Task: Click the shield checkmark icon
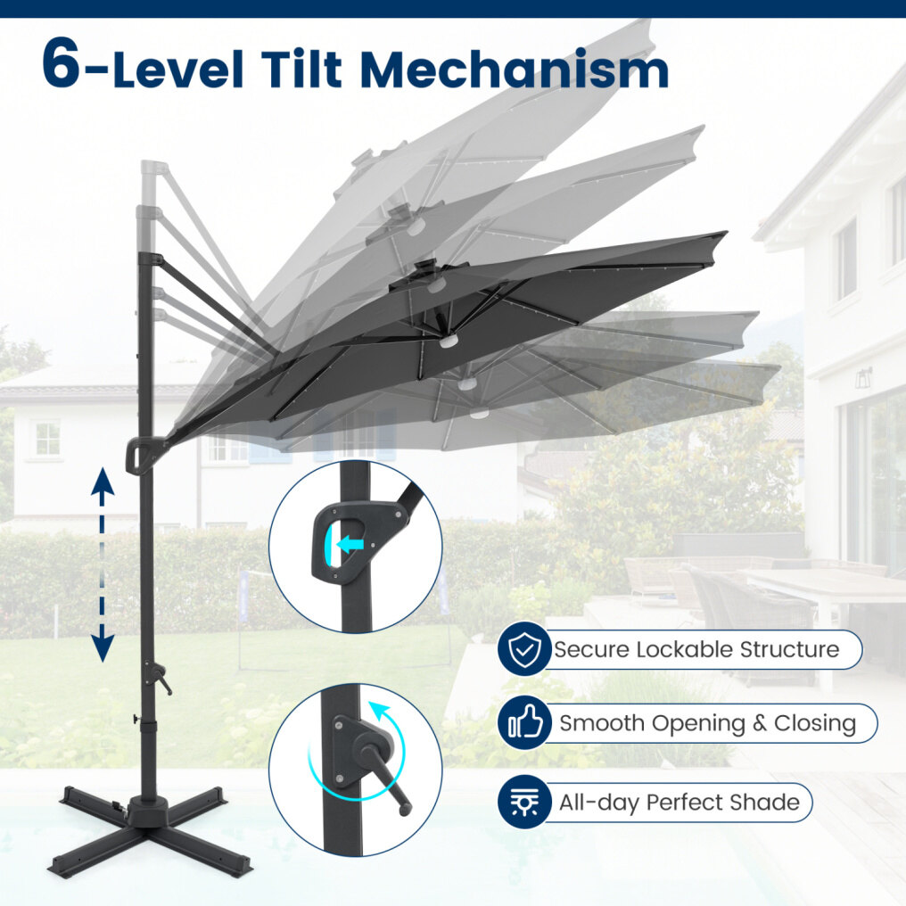[524, 649]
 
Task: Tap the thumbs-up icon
[524, 723]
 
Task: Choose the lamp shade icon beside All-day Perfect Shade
[524, 802]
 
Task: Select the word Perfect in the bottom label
[684, 802]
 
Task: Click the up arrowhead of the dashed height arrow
[103, 482]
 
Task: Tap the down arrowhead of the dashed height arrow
[103, 647]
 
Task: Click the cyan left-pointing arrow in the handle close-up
[350, 544]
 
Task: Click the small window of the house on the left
[48, 438]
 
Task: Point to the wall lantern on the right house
[864, 378]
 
